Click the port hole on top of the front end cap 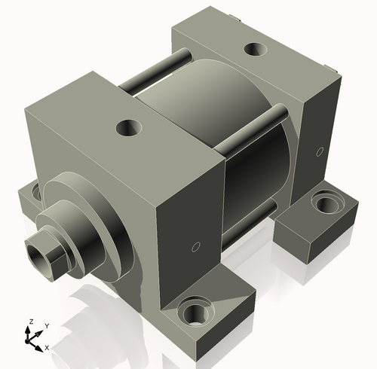tap(129, 128)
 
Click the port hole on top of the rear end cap tap(256, 49)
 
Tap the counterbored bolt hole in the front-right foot tap(196, 311)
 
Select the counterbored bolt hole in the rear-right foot tap(326, 202)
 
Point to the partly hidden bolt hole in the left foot tap(37, 192)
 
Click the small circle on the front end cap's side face tap(196, 247)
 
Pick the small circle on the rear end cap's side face tap(320, 151)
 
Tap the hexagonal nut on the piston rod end tap(46, 256)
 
